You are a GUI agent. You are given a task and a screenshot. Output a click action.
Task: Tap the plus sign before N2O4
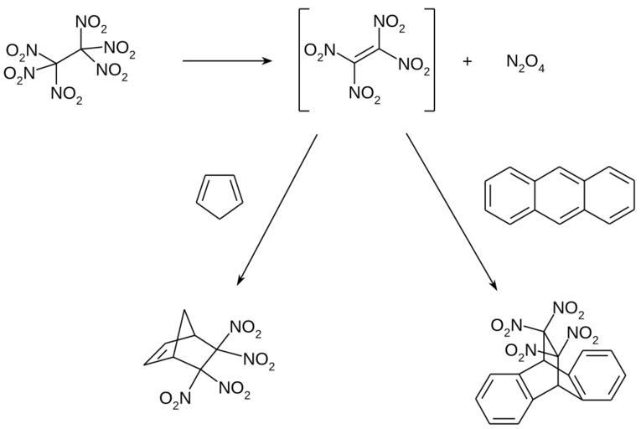pyautogui.click(x=467, y=62)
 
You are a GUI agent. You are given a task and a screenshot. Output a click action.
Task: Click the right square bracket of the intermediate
pyautogui.click(x=432, y=61)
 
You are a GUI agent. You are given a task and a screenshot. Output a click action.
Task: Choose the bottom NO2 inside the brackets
pyautogui.click(x=364, y=99)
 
